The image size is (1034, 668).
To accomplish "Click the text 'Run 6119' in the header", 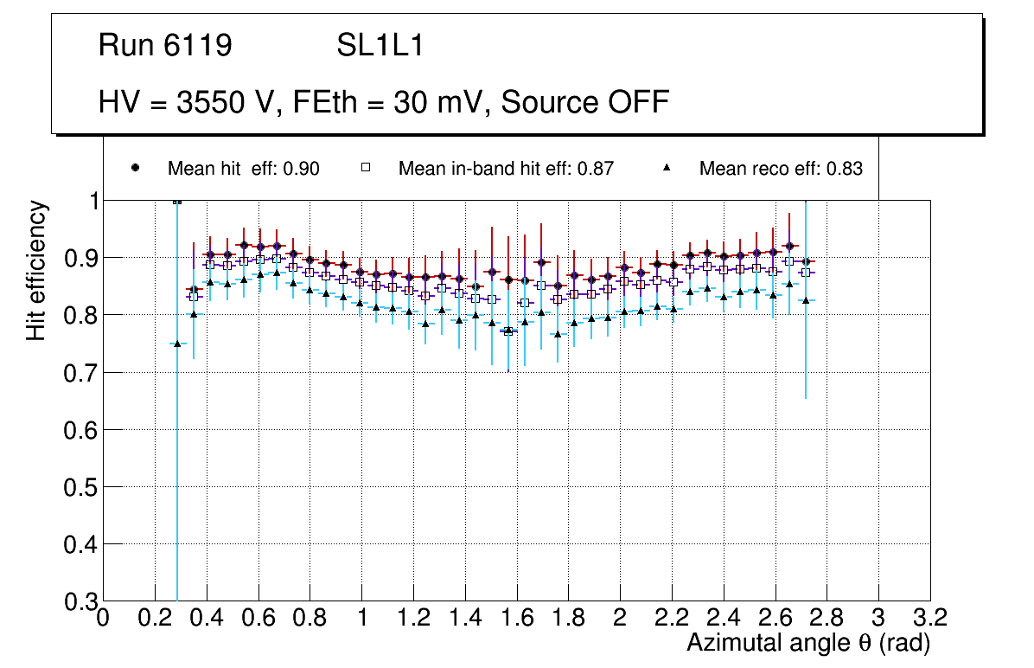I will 165,46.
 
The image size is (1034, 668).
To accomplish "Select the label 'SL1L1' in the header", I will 380,46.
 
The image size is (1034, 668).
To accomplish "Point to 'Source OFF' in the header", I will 585,102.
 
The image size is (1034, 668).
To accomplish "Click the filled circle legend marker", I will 135,168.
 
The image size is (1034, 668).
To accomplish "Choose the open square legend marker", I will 366,168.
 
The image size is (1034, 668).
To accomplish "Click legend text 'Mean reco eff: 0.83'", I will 780,169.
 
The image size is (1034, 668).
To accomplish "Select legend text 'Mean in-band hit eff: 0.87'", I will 506,169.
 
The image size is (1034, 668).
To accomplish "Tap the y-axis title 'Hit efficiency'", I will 36,270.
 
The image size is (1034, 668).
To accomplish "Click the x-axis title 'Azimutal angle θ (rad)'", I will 808,643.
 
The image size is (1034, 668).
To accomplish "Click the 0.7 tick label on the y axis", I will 79,372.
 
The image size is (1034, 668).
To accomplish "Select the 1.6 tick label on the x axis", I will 516,618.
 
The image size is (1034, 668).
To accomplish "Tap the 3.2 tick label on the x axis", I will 929,618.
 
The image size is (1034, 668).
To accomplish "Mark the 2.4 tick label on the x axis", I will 723,618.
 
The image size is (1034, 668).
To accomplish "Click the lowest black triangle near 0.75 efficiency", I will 177,344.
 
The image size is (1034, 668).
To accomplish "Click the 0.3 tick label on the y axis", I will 79,601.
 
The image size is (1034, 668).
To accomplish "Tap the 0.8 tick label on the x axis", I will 310,618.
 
